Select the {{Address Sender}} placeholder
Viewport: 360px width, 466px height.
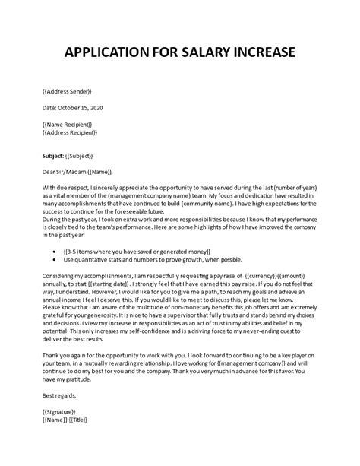point(68,90)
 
